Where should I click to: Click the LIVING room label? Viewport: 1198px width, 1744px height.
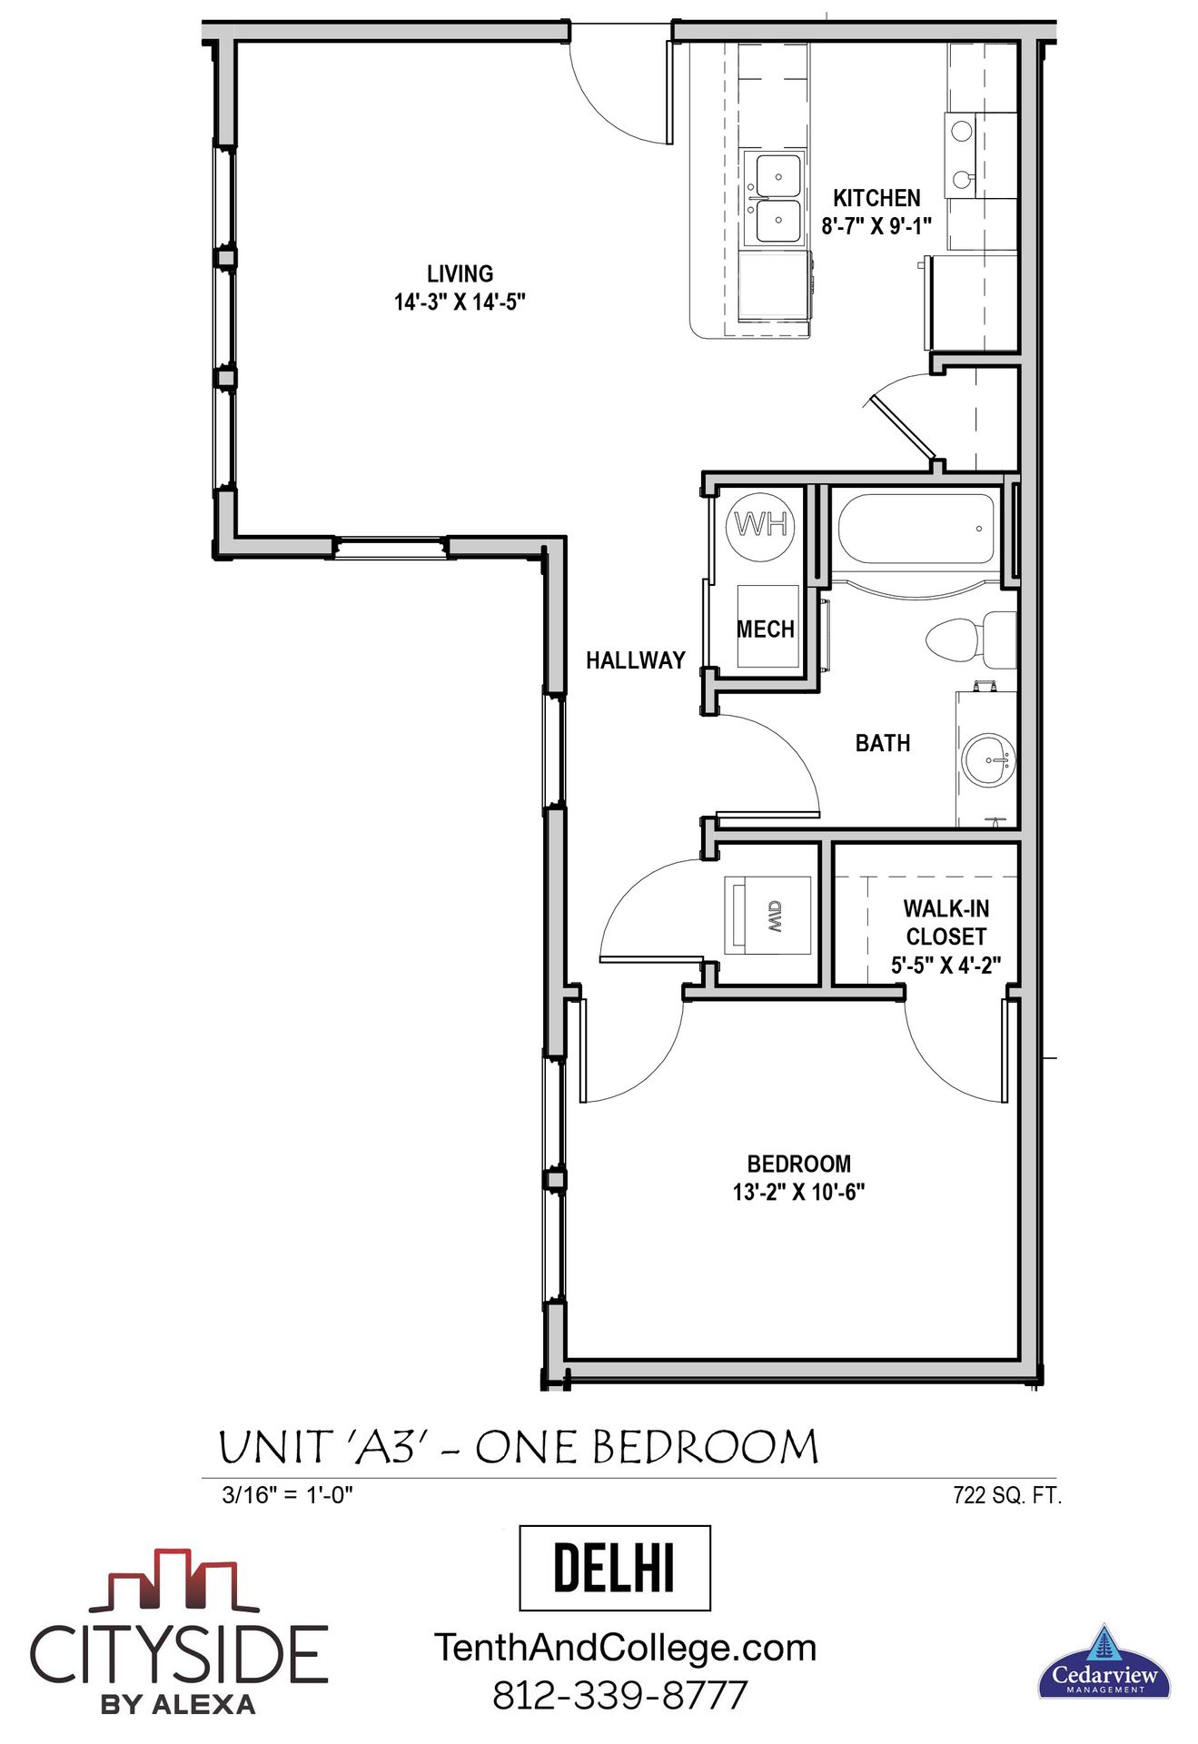(460, 273)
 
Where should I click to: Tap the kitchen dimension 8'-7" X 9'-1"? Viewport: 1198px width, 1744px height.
(876, 226)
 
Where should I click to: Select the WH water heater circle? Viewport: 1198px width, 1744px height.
(762, 525)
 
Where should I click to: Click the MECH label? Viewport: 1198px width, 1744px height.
(765, 629)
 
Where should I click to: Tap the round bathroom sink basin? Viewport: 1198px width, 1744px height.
(988, 759)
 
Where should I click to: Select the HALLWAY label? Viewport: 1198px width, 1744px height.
(635, 660)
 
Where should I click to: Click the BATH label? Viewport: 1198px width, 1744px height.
(882, 743)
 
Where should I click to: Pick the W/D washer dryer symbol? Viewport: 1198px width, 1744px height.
(767, 916)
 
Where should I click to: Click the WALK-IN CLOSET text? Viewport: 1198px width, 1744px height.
(946, 922)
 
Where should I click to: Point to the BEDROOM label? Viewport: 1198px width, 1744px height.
(798, 1164)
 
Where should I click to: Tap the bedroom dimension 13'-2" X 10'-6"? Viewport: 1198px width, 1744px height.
(798, 1192)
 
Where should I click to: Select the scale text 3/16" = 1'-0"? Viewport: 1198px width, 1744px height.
(287, 1495)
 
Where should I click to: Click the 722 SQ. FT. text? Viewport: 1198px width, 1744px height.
(1006, 1495)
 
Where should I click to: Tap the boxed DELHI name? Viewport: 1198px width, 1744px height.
(614, 1568)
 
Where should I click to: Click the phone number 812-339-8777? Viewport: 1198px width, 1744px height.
(620, 1695)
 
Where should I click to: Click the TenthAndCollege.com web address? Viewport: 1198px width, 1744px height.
(625, 1648)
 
